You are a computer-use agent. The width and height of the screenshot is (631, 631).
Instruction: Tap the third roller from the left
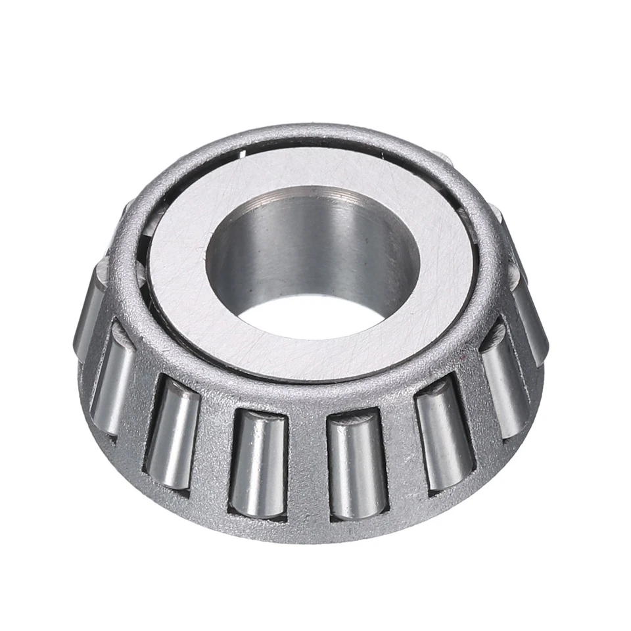pyautogui.click(x=172, y=434)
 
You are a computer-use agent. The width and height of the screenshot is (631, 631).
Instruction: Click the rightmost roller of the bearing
pyautogui.click(x=531, y=322)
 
